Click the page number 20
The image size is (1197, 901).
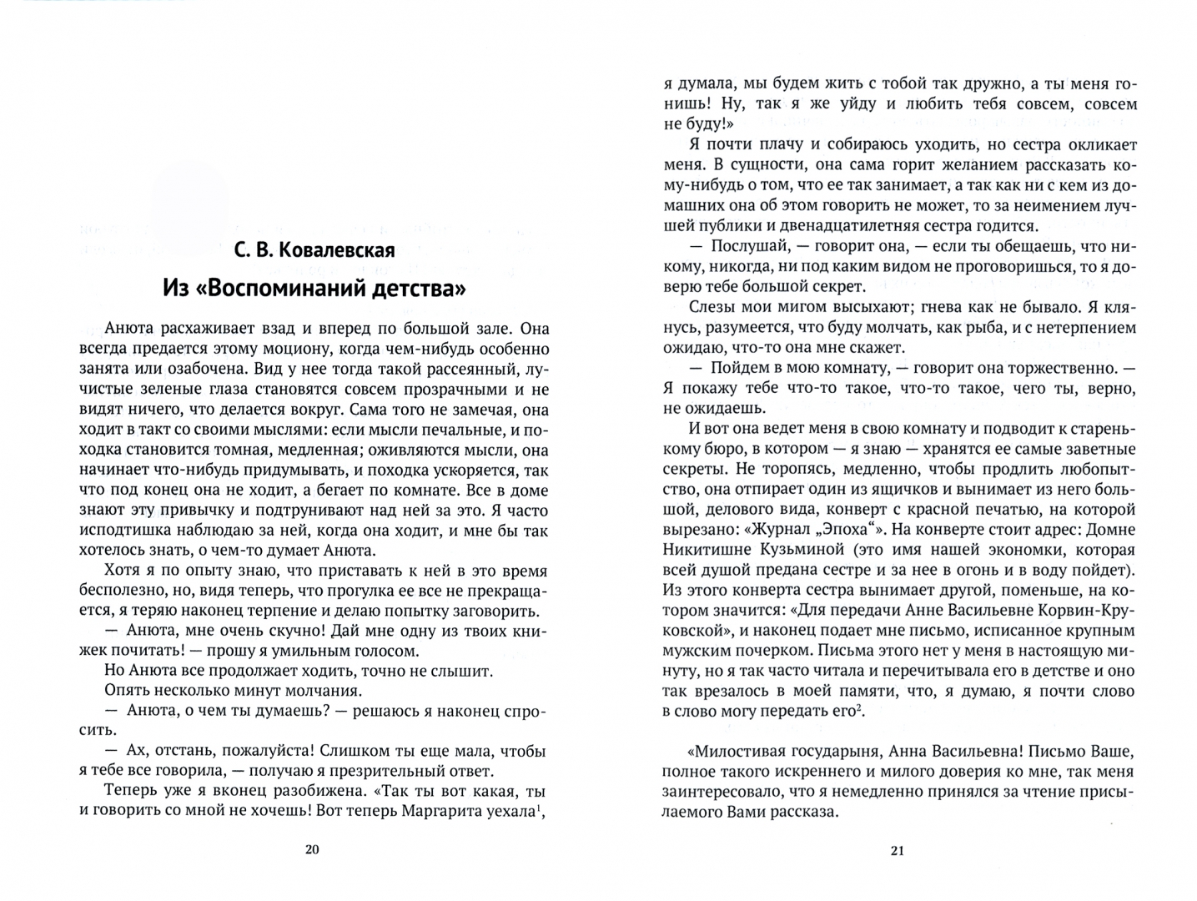[312, 850]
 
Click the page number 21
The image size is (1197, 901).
[898, 851]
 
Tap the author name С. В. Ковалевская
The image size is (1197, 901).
[314, 250]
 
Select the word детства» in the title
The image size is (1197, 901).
[417, 289]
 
